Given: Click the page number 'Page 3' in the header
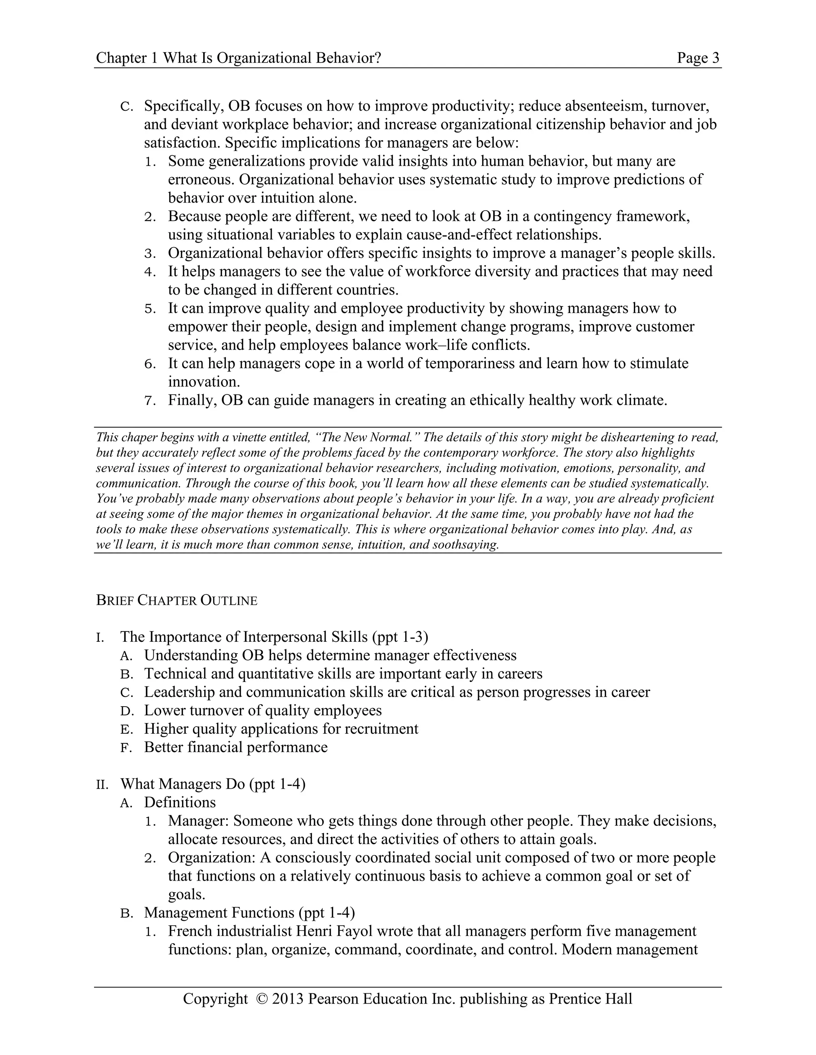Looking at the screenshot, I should (x=698, y=58).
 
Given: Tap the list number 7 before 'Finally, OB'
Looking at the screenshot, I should (x=150, y=401).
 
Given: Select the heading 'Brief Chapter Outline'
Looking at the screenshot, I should (x=177, y=600).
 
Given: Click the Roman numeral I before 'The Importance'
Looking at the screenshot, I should (x=100, y=638).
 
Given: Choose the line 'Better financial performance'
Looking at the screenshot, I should (x=235, y=747).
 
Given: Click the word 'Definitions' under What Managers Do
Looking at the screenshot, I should (x=180, y=802).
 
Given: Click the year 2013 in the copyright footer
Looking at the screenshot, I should (x=288, y=998).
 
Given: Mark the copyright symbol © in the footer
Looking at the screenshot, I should (x=262, y=998).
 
